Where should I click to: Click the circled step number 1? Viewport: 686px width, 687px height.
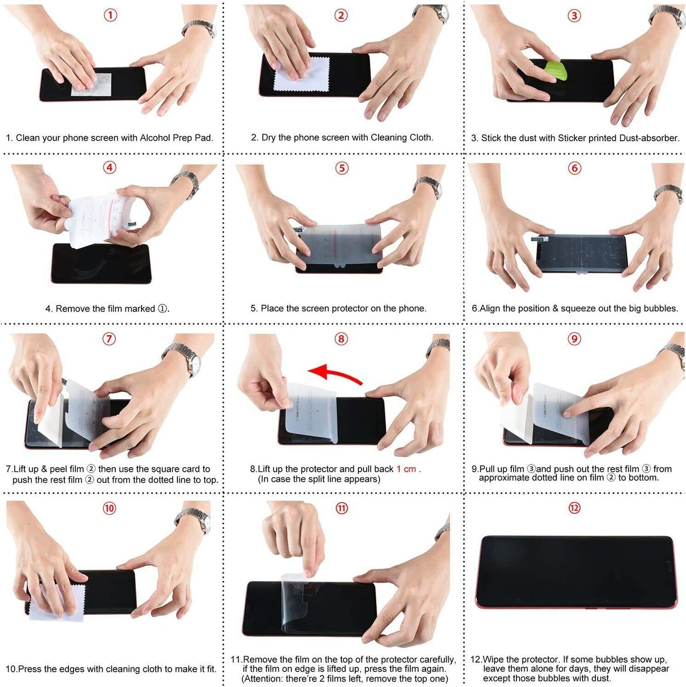point(110,15)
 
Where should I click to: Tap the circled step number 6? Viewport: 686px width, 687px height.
point(574,168)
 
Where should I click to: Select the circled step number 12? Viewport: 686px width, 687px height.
point(574,508)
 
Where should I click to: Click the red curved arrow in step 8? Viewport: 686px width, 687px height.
point(335,373)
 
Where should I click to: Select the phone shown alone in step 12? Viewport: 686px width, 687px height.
point(575,572)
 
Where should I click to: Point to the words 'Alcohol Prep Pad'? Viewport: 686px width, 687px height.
point(176,138)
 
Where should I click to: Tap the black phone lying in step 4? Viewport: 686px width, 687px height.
point(101,264)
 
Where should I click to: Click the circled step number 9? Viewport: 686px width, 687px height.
point(574,339)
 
